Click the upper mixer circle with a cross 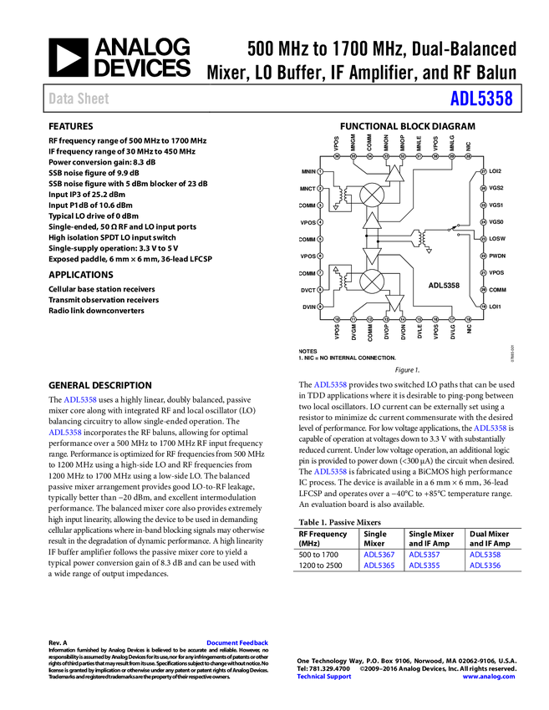click(372, 195)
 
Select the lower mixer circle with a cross click(372, 281)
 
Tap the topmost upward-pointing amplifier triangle click(394, 174)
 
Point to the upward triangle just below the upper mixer click(372, 221)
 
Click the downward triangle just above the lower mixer click(372, 256)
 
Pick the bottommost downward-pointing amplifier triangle click(394, 302)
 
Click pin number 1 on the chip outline click(320, 172)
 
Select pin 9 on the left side click(320, 307)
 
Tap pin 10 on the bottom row click(337, 319)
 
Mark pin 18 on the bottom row click(468, 319)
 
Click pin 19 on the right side click(484, 307)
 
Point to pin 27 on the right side click(484, 172)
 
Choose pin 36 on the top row click(337, 156)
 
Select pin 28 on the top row click(468, 156)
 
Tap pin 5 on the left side click(320, 239)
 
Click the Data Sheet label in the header click(79, 99)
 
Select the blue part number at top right click(481, 99)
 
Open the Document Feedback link click(238, 643)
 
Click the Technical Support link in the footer click(324, 677)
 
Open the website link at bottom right click(489, 677)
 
